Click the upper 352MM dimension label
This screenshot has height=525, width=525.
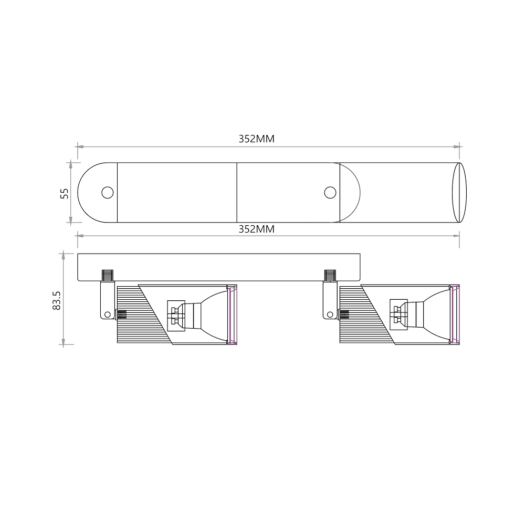pos(257,139)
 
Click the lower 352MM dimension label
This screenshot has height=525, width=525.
pos(257,229)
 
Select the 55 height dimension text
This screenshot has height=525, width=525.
pos(64,194)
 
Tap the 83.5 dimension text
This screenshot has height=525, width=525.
pos(57,300)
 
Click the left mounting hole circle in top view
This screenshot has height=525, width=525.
pos(108,193)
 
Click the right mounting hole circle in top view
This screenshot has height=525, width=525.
pos(330,193)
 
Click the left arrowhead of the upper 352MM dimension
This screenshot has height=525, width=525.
pos(80,146)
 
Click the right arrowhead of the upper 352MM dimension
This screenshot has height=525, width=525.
pos(456,146)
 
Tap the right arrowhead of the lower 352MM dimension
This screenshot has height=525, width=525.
pos(456,236)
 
